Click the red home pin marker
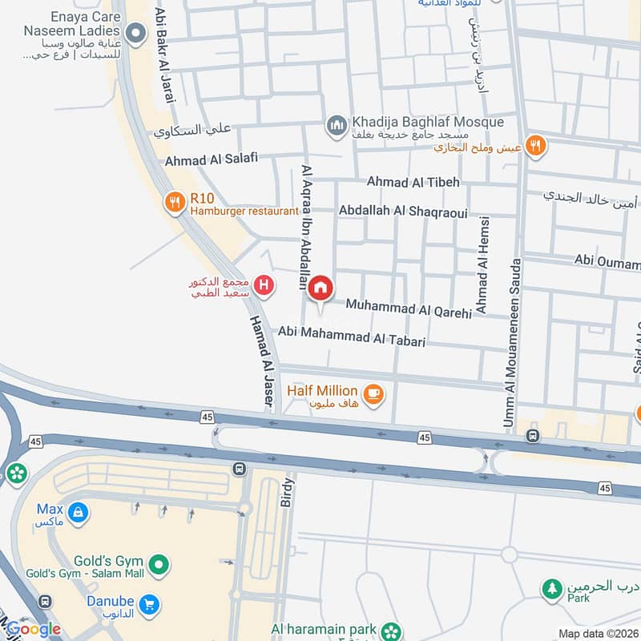pyautogui.click(x=321, y=288)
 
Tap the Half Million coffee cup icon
pyautogui.click(x=373, y=393)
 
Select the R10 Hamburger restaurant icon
pyautogui.click(x=174, y=203)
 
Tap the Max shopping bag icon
pyautogui.click(x=78, y=511)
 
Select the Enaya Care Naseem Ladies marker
pyautogui.click(x=136, y=33)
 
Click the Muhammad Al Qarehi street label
pyautogui.click(x=409, y=308)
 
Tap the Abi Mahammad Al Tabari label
pyautogui.click(x=351, y=336)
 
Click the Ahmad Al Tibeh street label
pyautogui.click(x=413, y=183)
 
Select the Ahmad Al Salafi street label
pyautogui.click(x=212, y=159)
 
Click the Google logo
pyautogui.click(x=34, y=629)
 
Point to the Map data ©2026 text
pyautogui.click(x=597, y=633)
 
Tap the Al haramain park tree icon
pyautogui.click(x=390, y=630)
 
